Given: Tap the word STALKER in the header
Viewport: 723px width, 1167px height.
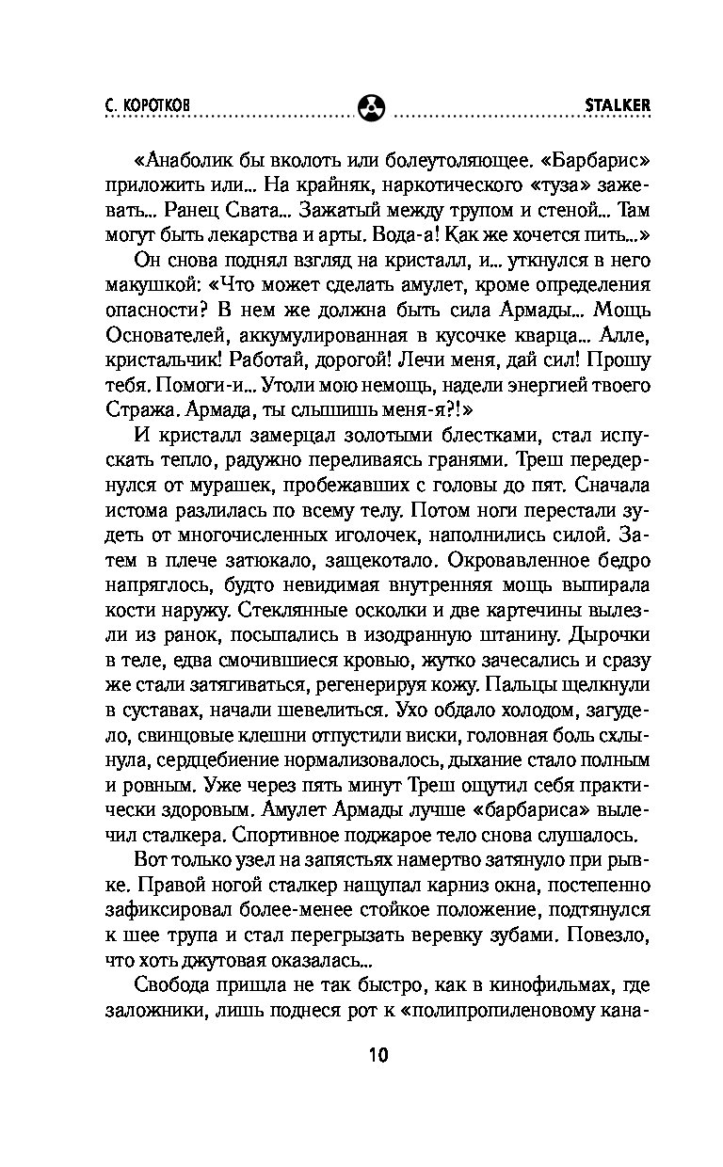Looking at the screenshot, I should click(619, 105).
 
